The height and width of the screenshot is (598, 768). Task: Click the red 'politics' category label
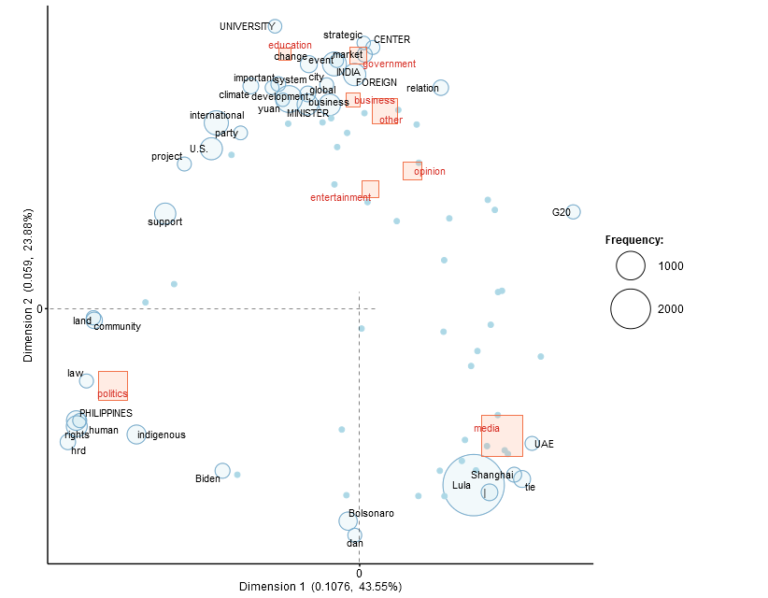[112, 394]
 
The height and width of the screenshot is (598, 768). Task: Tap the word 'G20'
[561, 213]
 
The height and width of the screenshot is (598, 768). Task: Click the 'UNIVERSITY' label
[247, 26]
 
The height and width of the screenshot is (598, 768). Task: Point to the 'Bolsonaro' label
[371, 514]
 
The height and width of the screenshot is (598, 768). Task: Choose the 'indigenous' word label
[162, 434]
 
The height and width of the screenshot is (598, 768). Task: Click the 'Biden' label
[207, 479]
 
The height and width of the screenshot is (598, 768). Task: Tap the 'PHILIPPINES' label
[106, 413]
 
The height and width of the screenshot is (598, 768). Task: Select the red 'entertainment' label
[340, 197]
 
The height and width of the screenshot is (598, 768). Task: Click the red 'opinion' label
[430, 172]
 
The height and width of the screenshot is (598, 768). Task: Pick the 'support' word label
[165, 222]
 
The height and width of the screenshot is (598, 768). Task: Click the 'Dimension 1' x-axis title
[320, 587]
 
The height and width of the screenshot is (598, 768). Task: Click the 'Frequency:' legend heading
[634, 240]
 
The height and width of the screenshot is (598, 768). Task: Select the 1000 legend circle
[631, 266]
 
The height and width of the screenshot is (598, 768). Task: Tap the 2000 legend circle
[631, 309]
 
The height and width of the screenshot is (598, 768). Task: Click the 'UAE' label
[544, 444]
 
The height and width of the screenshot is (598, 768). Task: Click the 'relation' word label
[422, 89]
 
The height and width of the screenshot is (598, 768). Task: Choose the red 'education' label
[290, 45]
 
